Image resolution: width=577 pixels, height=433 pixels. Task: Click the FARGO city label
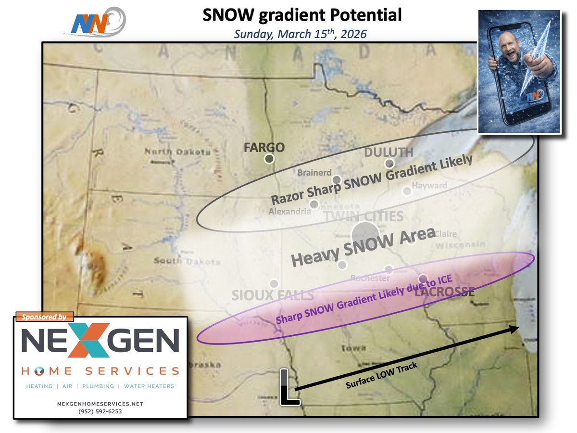click(x=264, y=147)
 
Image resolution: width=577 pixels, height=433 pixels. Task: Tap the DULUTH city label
click(x=389, y=152)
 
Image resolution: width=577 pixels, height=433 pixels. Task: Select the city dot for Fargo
click(x=269, y=159)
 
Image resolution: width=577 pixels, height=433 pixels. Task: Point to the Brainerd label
click(x=314, y=172)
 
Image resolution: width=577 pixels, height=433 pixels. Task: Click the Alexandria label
click(x=289, y=211)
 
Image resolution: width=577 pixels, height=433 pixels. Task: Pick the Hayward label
click(x=429, y=185)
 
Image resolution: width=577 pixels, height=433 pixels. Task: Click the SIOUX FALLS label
click(x=273, y=295)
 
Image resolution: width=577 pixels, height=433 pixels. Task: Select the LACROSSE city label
click(x=444, y=292)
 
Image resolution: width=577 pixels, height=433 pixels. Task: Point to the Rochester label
click(x=370, y=278)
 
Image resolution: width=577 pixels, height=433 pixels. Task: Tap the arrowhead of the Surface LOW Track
click(x=515, y=329)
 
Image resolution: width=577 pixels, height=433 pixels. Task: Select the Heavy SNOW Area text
click(x=363, y=248)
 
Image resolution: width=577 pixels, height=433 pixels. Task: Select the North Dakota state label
click(x=178, y=153)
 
